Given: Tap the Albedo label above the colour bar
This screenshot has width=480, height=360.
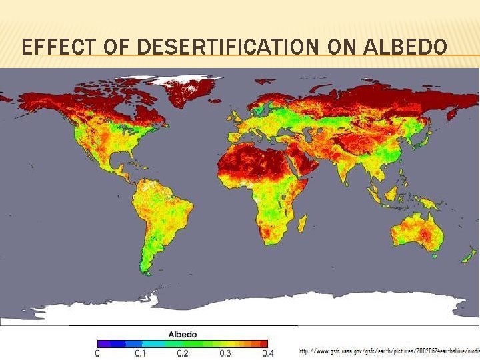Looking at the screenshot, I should [x=182, y=334].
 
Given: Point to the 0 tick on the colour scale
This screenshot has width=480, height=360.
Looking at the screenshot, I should [x=98, y=353].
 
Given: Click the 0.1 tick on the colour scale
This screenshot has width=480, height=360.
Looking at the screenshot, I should [x=140, y=353].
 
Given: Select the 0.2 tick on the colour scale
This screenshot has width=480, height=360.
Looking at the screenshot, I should [x=182, y=353].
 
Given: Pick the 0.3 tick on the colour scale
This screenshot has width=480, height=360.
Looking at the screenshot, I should [x=225, y=353].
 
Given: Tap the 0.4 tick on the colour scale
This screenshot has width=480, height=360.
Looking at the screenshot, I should [x=267, y=353].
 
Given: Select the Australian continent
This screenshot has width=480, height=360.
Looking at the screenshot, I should [x=417, y=233].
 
